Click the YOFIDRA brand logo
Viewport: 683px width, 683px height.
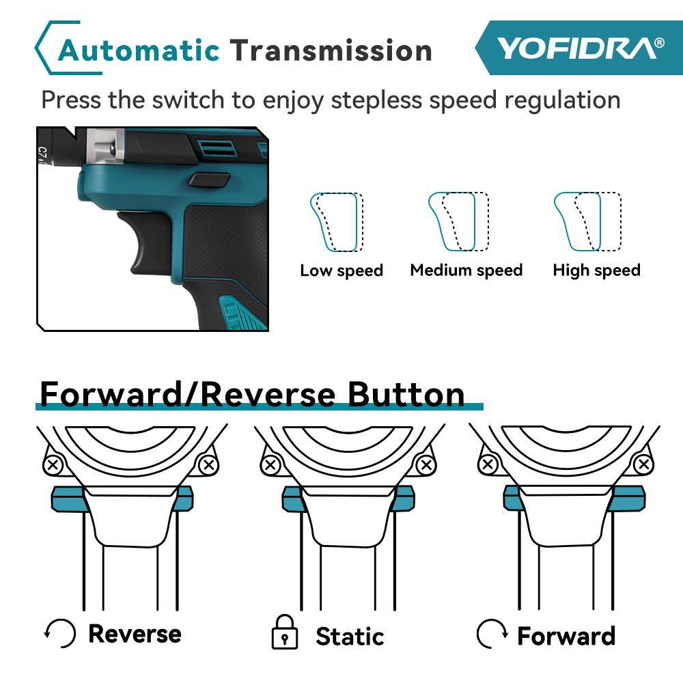579,48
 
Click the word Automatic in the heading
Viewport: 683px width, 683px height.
139,51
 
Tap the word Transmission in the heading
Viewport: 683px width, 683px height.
331,51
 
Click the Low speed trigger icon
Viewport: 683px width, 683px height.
336,222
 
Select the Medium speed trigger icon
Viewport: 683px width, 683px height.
458,222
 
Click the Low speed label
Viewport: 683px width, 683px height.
341,270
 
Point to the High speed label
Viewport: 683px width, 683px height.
596,270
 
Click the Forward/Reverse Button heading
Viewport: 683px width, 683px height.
252,394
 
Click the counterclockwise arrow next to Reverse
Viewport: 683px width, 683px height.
60,634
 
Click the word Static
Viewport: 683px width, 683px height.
350,637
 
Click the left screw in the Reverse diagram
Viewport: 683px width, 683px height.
52,466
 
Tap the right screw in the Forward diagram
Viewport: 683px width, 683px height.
643,465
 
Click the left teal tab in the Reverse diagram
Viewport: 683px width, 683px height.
66,499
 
